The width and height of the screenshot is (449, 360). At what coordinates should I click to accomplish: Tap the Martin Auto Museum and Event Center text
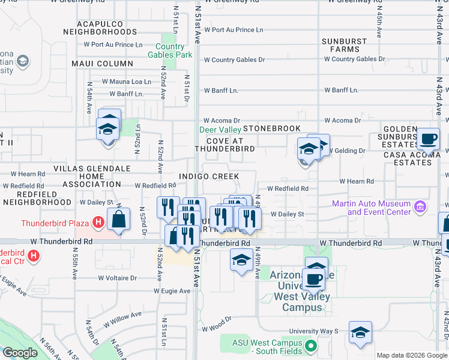[x=372, y=208]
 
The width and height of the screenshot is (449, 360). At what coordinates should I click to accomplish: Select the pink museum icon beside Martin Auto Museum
[x=420, y=208]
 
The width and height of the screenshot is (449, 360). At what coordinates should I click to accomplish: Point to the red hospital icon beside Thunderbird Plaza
[x=98, y=224]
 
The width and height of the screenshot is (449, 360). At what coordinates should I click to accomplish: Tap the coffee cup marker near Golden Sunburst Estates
[x=428, y=140]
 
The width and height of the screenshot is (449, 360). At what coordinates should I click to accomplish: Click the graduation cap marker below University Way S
[x=360, y=334]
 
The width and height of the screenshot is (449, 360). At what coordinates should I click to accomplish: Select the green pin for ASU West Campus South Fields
[x=310, y=346]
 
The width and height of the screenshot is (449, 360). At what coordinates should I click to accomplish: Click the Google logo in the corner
[x=20, y=353]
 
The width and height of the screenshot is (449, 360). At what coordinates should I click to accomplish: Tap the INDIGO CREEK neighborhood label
[x=208, y=176]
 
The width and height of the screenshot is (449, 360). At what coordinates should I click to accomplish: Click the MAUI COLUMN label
[x=102, y=64]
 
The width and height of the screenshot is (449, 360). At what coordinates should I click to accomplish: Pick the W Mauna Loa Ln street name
[x=126, y=82]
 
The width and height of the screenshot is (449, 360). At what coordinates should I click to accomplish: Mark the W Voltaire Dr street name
[x=117, y=278]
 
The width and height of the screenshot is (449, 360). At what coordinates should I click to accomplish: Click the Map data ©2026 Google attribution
[x=411, y=355]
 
